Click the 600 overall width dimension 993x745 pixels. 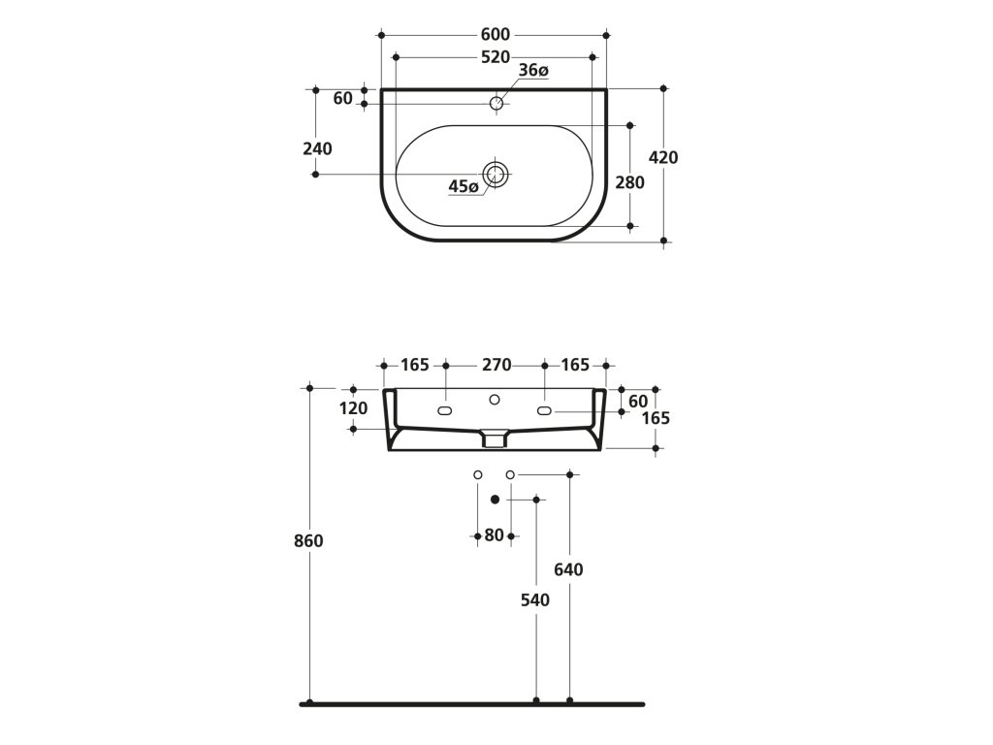tap(495, 35)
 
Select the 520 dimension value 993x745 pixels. tap(495, 57)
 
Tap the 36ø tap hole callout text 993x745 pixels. tap(533, 71)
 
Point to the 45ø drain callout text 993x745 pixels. tap(464, 186)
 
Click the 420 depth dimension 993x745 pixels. tap(663, 158)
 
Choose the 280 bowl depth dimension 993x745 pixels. tap(630, 182)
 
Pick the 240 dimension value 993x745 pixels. tap(317, 148)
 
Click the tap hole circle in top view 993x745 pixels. tap(496, 103)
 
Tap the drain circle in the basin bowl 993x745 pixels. tap(496, 175)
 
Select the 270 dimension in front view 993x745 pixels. tap(495, 366)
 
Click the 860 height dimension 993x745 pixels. tap(308, 541)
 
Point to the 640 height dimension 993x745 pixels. tap(568, 570)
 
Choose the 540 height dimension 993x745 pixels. tap(534, 600)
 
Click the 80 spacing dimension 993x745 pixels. tap(495, 534)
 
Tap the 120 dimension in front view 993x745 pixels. tap(354, 408)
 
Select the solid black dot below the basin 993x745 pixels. tap(495, 499)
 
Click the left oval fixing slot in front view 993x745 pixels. tap(446, 410)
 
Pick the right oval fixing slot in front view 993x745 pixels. tap(544, 410)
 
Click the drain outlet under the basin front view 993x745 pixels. tap(495, 439)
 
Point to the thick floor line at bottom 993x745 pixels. tap(472, 703)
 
